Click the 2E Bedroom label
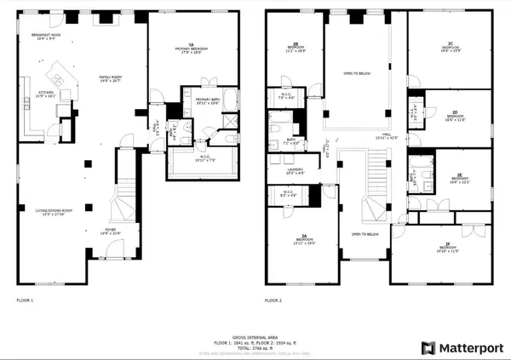pos(459,178)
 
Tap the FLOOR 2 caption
pos(273,300)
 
